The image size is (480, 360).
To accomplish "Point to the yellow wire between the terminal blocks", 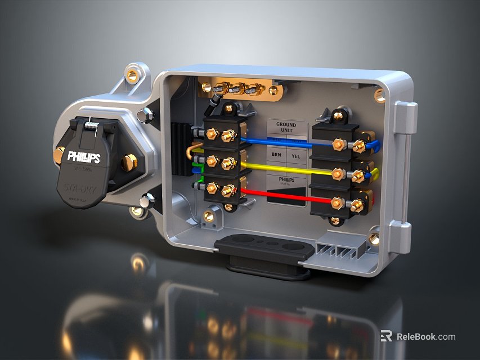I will click(x=281, y=168).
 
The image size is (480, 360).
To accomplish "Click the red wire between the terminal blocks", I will click(x=281, y=196).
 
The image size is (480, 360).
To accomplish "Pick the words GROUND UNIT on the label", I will click(x=286, y=127).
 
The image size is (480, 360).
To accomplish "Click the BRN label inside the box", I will click(x=276, y=154).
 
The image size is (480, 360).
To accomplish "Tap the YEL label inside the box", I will click(x=296, y=155).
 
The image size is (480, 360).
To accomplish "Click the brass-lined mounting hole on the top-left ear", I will click(x=132, y=75).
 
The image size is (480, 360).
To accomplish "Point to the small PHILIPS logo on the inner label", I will click(x=286, y=179).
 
